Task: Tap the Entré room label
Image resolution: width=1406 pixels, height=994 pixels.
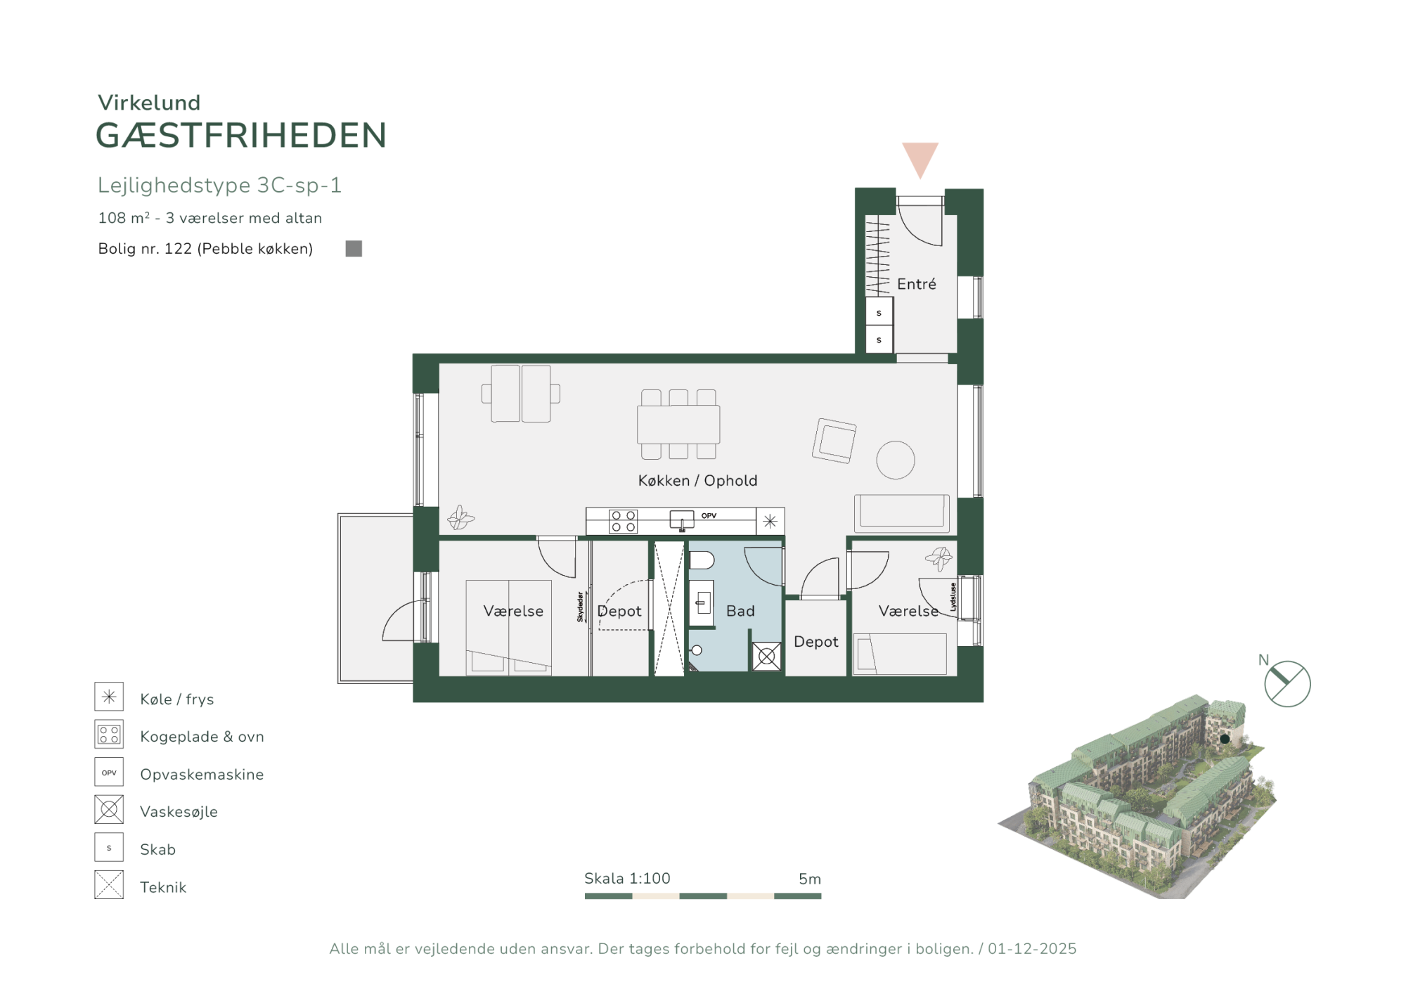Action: point(917,284)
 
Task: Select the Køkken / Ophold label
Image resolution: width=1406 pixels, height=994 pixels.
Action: point(697,480)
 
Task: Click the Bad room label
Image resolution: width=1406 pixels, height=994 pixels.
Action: point(740,611)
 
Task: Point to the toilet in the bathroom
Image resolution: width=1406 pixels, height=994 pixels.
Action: point(702,560)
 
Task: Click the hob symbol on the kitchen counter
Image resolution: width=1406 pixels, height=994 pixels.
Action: point(623,521)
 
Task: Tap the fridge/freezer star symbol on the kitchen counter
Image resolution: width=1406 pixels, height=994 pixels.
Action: point(770,522)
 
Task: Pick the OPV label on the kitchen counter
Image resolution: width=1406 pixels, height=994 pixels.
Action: point(709,516)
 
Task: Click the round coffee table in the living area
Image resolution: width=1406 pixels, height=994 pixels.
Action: point(896,460)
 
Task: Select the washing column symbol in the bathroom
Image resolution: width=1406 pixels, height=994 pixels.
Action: point(766,657)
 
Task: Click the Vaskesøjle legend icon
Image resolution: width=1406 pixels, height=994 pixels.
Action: point(109,810)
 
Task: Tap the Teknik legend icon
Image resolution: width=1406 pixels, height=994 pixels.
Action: point(109,885)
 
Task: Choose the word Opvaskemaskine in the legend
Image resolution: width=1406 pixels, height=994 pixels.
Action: point(202,774)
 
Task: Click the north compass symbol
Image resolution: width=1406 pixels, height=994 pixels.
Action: point(1287,684)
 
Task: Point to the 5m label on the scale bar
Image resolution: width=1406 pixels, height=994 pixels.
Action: point(810,879)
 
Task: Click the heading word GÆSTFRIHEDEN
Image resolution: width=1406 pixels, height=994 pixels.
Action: point(241,135)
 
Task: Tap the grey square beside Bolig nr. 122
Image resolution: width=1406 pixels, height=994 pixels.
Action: point(354,249)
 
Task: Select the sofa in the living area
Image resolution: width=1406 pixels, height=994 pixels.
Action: point(902,513)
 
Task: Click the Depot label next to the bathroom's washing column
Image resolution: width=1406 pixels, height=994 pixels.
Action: point(815,642)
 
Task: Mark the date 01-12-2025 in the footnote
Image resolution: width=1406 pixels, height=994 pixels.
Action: point(1032,949)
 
